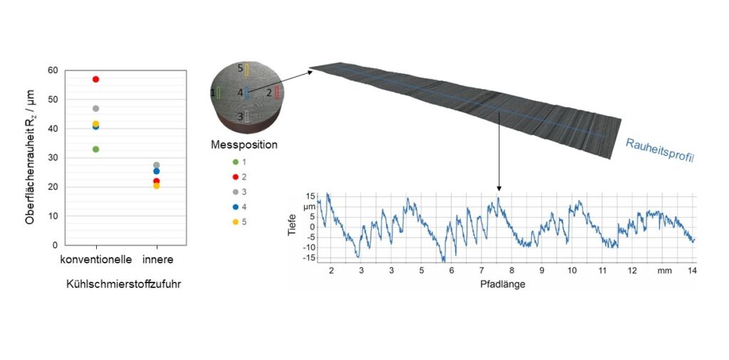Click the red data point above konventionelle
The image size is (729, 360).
tap(96, 79)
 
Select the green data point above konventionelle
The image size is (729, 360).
tap(96, 149)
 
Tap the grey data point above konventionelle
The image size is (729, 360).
tap(96, 108)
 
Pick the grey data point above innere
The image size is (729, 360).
tap(157, 165)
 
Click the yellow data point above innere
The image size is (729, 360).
tap(157, 186)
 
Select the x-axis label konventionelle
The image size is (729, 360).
tap(96, 259)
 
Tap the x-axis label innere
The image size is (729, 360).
tap(158, 259)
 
